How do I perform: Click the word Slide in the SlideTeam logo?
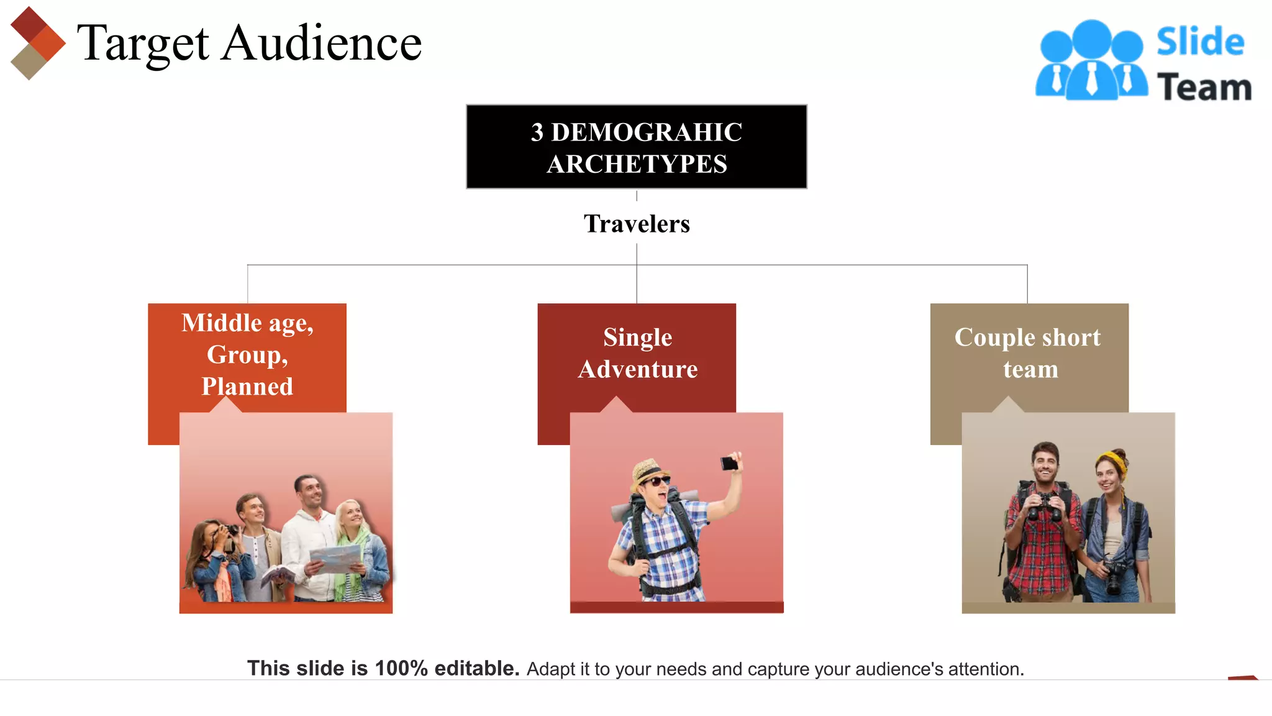point(1200,42)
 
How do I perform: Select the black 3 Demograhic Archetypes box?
point(637,147)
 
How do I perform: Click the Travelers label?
point(637,224)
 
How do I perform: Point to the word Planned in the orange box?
point(247,387)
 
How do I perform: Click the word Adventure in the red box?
point(638,369)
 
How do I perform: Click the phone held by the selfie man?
point(729,463)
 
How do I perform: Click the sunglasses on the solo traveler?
point(656,481)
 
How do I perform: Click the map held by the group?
point(335,558)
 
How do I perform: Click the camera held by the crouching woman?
point(229,531)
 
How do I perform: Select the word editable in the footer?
point(476,668)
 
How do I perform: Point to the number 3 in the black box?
point(537,132)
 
